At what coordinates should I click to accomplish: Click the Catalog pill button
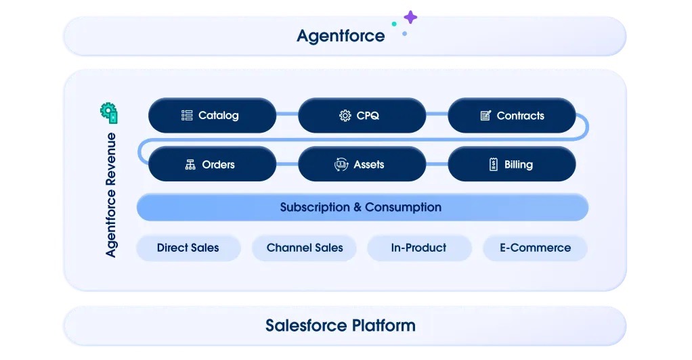click(213, 115)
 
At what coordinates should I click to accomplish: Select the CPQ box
click(362, 115)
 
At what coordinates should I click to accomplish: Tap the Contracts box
click(512, 115)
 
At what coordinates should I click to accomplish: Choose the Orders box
click(213, 164)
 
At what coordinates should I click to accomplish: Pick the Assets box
click(362, 164)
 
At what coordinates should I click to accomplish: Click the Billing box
click(512, 164)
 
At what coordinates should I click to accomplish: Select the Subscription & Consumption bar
click(362, 207)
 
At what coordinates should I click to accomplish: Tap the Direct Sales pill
click(188, 248)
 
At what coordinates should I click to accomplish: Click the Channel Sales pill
click(305, 248)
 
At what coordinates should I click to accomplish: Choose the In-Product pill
click(419, 248)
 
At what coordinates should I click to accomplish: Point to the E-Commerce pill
click(536, 248)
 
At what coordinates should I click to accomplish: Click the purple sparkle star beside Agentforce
click(410, 17)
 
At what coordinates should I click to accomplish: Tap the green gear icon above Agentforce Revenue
click(109, 113)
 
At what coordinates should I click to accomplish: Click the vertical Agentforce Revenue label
click(111, 195)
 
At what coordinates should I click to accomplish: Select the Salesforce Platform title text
click(341, 325)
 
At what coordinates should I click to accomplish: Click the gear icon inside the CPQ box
click(345, 116)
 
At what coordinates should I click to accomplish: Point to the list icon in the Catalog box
click(187, 115)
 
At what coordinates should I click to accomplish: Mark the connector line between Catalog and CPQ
click(287, 114)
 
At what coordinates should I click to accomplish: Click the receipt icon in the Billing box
click(494, 164)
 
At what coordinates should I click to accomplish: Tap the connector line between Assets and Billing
click(437, 164)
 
